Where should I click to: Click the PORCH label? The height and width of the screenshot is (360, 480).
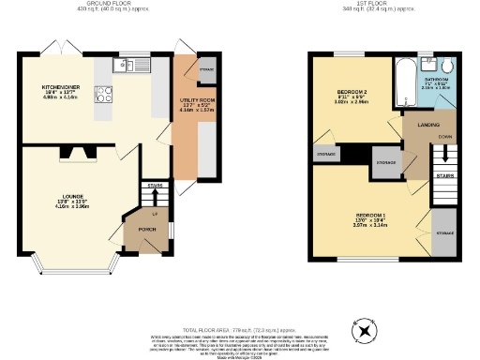[145, 228]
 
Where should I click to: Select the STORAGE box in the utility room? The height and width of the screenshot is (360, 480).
[205, 68]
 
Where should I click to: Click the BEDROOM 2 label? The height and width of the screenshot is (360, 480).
[352, 92]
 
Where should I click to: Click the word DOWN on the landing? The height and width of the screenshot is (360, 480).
[441, 134]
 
